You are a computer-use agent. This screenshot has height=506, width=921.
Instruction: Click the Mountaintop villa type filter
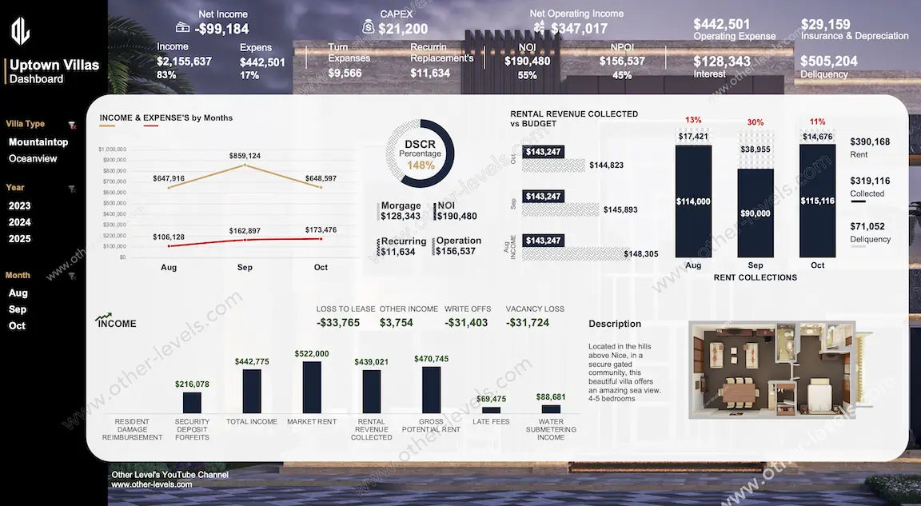[x=38, y=142]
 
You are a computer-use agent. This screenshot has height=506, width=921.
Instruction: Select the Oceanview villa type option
[x=33, y=158]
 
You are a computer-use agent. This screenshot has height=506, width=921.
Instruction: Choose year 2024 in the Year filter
[x=20, y=222]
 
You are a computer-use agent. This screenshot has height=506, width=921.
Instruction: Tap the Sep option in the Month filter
[x=18, y=309]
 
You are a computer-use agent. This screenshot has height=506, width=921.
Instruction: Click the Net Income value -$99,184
[x=222, y=30]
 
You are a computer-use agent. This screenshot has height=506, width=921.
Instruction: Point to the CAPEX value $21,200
[x=403, y=30]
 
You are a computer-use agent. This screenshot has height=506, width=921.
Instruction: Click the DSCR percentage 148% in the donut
[x=421, y=165]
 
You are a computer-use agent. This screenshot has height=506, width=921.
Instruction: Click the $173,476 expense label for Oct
[x=321, y=230]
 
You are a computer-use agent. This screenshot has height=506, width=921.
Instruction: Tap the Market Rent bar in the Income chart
[x=312, y=387]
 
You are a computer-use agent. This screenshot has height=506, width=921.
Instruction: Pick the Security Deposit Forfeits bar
[x=192, y=402]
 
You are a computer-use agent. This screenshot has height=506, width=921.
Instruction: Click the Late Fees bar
[x=491, y=409]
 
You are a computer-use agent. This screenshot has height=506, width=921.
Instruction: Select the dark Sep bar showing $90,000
[x=755, y=213]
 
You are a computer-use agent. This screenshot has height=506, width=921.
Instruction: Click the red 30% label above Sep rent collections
[x=755, y=122]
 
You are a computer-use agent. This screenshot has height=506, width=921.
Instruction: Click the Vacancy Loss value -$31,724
[x=528, y=323]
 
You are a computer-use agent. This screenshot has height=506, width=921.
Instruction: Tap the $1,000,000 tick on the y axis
[x=112, y=149]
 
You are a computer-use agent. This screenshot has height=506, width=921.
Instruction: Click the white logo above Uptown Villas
[x=20, y=31]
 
